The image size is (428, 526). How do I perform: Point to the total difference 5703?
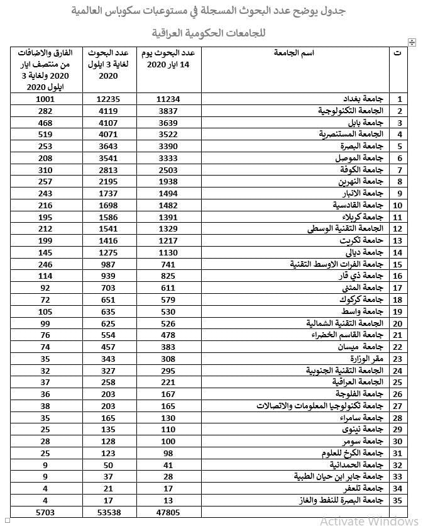tap(47, 513)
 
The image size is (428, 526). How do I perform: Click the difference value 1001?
tap(47, 99)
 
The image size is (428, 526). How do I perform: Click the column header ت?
tap(397, 53)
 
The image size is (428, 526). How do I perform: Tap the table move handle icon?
tap(412, 42)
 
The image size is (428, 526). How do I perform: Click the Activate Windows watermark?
tap(369, 520)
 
